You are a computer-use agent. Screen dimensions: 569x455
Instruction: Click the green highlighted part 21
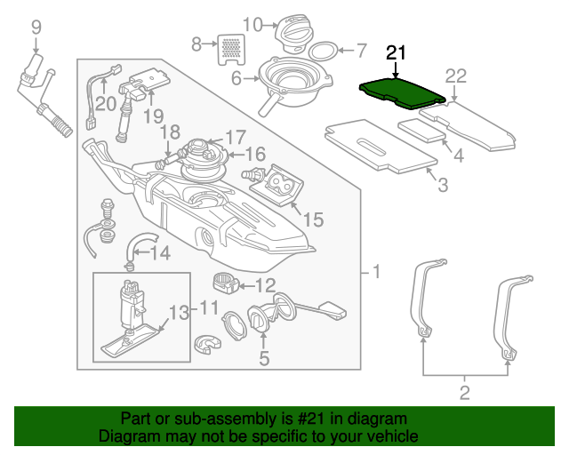coord(402,93)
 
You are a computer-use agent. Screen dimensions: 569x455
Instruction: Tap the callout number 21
coord(396,53)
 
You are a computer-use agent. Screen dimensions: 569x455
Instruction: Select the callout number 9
coord(36,28)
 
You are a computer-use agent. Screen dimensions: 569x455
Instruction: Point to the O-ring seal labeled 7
coord(323,51)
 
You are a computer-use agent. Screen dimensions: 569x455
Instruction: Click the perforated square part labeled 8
coord(231,50)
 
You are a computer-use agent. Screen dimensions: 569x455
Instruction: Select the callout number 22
coord(455,76)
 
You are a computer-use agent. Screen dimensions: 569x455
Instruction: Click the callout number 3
coord(443,184)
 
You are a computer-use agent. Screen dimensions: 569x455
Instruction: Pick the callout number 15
coord(313,220)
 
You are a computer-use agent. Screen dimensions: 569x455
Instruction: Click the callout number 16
coord(256,155)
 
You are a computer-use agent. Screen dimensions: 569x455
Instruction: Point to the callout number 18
coord(170,132)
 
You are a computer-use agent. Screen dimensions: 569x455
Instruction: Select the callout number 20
coord(106,104)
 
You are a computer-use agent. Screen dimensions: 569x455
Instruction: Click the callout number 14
coord(160,253)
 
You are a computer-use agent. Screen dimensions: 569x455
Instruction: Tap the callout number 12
coord(266,285)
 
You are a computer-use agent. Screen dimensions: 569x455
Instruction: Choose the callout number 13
coord(180,312)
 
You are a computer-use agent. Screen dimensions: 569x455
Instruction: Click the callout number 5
coord(264,358)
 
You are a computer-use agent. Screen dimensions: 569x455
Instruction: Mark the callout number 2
coord(465,393)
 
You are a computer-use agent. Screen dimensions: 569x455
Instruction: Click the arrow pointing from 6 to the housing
coord(251,78)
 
